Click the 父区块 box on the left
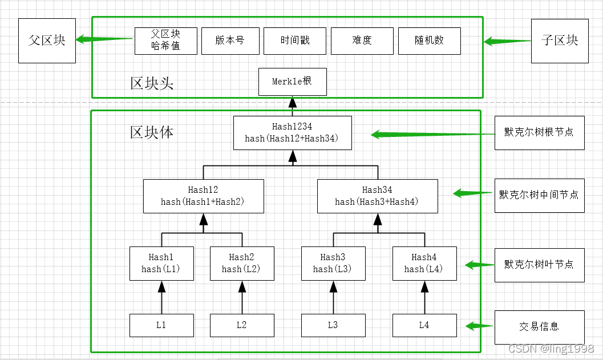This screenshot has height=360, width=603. (47, 41)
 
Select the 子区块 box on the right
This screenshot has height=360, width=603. (559, 41)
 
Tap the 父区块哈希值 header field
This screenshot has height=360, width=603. (165, 41)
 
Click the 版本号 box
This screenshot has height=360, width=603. (230, 41)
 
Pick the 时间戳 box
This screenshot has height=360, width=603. (294, 41)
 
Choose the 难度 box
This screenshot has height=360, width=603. (362, 41)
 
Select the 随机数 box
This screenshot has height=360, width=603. (429, 41)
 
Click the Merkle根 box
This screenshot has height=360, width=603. (292, 82)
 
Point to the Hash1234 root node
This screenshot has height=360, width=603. (292, 132)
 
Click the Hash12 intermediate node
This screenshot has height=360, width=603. (203, 196)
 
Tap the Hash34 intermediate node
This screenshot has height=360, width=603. (377, 196)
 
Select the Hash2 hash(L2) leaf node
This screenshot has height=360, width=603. (242, 263)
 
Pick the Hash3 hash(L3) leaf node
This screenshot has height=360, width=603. (333, 263)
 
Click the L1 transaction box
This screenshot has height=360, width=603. (161, 325)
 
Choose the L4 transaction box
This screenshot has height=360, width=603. (424, 325)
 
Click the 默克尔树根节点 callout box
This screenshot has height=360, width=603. (539, 132)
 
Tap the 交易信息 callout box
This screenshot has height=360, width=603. (539, 327)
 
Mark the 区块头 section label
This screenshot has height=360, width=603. (152, 83)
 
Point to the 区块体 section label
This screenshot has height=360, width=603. (152, 132)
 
